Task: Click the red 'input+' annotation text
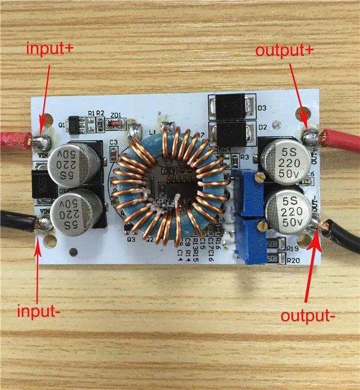tap(49, 48)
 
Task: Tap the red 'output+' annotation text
tap(285, 50)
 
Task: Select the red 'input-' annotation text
tap(38, 310)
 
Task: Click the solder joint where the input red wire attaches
tap(40, 141)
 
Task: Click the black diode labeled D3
tap(231, 106)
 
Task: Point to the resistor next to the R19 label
tap(274, 248)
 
